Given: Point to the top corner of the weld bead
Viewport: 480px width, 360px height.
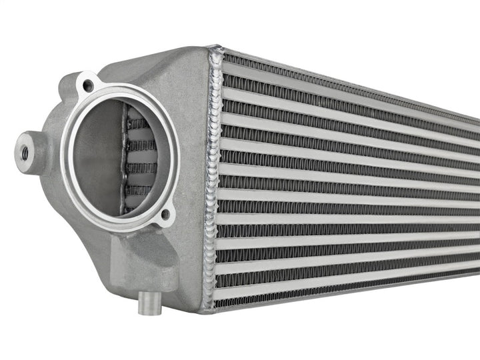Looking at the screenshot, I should [215, 50].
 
